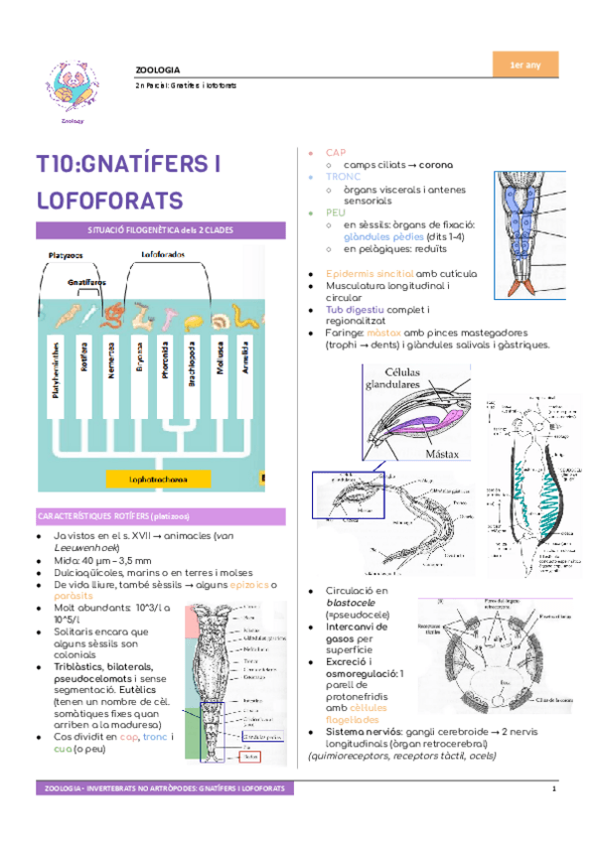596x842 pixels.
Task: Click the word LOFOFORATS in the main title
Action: pyautogui.click(x=109, y=200)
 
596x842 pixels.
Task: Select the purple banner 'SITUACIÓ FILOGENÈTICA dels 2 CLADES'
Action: pyautogui.click(x=149, y=229)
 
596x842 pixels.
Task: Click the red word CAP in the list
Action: pyautogui.click(x=336, y=152)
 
